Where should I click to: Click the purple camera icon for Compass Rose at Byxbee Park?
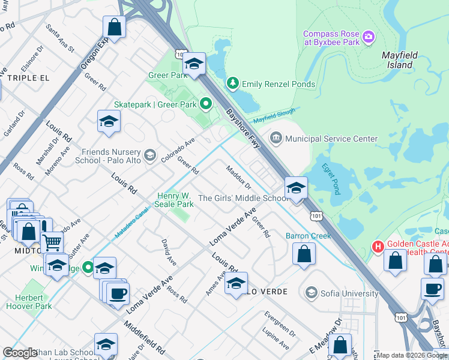(369, 38)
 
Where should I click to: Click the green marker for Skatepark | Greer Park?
(206, 105)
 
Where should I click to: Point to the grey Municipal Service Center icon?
(276, 138)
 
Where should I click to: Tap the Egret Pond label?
(332, 178)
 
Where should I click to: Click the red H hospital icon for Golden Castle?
(378, 246)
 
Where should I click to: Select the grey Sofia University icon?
(311, 293)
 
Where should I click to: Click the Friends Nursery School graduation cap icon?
(150, 155)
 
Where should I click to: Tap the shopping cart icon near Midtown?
(52, 242)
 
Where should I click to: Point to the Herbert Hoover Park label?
(29, 302)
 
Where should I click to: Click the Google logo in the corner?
(20, 352)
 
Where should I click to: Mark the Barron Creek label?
(308, 236)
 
